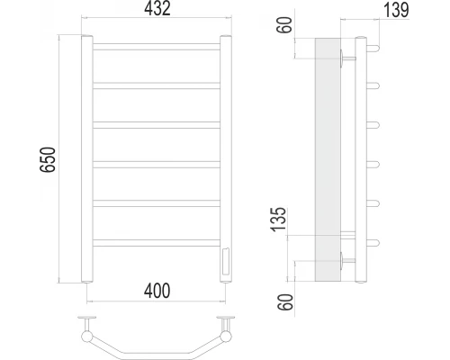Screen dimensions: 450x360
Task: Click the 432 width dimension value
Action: (157, 8)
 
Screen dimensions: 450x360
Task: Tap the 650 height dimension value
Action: (48, 159)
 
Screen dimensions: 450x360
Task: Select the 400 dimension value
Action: (157, 291)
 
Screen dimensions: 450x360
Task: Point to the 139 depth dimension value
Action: (396, 10)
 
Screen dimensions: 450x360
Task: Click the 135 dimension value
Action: (279, 220)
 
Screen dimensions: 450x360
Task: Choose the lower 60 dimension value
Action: (285, 302)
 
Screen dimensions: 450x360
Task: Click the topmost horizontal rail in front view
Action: (157, 47)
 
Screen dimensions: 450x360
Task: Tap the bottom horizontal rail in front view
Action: (157, 243)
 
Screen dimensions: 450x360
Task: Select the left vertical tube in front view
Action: (87, 159)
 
